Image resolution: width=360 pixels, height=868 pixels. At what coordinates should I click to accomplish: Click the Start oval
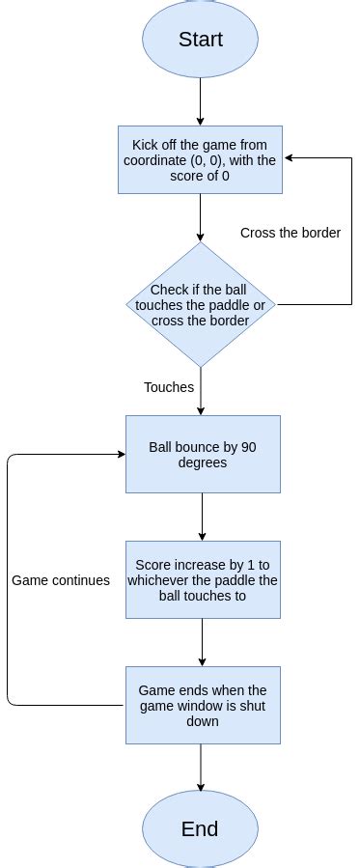tap(200, 40)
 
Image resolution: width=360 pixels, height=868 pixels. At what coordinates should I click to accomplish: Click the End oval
tap(200, 828)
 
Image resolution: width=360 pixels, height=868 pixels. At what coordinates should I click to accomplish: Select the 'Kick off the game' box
tap(200, 160)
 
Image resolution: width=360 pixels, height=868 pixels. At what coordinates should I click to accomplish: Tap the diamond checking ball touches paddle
tap(200, 304)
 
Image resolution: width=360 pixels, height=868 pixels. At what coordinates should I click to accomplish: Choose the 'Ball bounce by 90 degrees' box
tap(202, 455)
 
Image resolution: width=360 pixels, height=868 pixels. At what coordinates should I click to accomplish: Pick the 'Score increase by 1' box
tap(202, 579)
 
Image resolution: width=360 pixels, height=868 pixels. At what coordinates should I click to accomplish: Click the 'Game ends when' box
tap(202, 705)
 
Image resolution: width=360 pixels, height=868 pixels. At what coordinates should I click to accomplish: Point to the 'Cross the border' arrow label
tap(290, 233)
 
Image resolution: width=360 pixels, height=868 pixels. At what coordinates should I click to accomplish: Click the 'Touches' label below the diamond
tap(169, 387)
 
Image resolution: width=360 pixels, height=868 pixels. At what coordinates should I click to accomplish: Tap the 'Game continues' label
tap(61, 580)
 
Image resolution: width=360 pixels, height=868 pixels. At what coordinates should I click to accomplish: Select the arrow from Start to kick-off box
tap(200, 101)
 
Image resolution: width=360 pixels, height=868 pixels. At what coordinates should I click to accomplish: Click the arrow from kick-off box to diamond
tap(200, 217)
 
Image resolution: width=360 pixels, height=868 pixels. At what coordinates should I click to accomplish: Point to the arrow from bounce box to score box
tap(202, 517)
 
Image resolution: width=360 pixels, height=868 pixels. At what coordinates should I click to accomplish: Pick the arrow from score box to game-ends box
tap(202, 642)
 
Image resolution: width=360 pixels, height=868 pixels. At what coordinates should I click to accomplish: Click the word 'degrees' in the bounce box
tap(202, 462)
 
